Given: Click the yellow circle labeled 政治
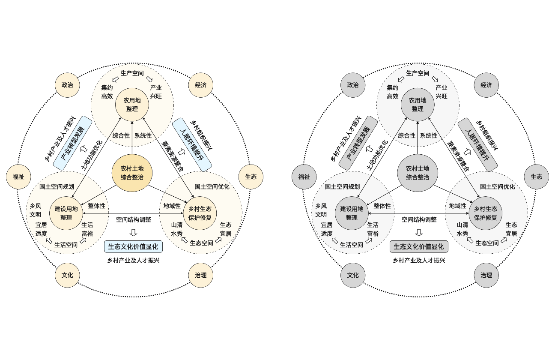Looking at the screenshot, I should (x=67, y=85).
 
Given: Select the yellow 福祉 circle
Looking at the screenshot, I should (x=18, y=176).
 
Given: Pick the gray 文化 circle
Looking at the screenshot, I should (x=353, y=275).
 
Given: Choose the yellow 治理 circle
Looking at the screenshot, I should (x=200, y=275).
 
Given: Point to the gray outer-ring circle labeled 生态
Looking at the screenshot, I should (x=536, y=176).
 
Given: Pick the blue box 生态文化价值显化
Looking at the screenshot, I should (x=133, y=246).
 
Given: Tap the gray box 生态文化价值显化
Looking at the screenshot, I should (x=419, y=246).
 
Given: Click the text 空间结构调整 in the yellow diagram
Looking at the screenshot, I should (x=133, y=219).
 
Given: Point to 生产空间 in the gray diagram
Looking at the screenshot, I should (x=418, y=73).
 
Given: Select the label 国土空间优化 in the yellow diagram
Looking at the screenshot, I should (x=212, y=186).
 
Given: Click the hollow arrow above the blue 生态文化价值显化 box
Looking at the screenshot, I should (x=133, y=233).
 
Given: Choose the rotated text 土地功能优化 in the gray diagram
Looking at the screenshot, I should (x=377, y=154).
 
